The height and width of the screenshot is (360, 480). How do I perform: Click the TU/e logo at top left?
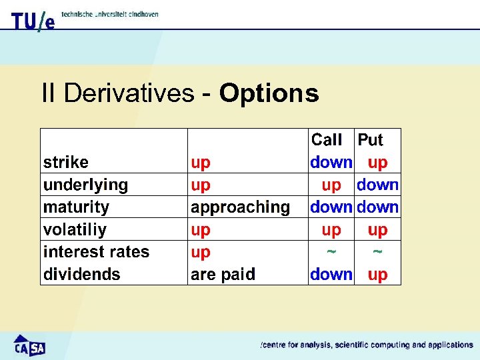(x=33, y=21)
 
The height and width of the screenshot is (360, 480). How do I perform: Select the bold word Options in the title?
(x=269, y=93)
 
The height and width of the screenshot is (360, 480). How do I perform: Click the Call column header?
(x=327, y=140)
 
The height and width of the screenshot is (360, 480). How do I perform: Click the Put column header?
(x=371, y=140)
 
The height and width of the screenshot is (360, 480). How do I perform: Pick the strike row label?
(x=65, y=163)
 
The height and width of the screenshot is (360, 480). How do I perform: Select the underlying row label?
(x=85, y=185)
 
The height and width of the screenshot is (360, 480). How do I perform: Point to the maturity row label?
(x=76, y=207)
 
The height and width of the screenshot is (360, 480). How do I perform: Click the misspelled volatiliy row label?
(x=75, y=230)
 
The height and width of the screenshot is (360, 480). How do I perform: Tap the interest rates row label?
(x=96, y=252)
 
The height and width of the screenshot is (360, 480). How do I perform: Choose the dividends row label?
(x=81, y=274)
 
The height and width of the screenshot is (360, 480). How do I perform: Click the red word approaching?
(x=240, y=207)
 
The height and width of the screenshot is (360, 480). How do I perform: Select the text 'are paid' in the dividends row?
(x=223, y=274)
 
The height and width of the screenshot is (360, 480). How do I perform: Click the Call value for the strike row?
(x=331, y=163)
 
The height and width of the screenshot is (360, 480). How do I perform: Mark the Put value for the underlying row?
(x=377, y=185)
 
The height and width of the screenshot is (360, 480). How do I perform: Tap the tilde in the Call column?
(x=331, y=252)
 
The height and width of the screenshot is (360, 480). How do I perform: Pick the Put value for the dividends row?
(x=377, y=274)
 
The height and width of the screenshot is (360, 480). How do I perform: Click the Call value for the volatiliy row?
(x=331, y=230)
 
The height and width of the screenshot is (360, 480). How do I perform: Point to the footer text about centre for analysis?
(x=366, y=345)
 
